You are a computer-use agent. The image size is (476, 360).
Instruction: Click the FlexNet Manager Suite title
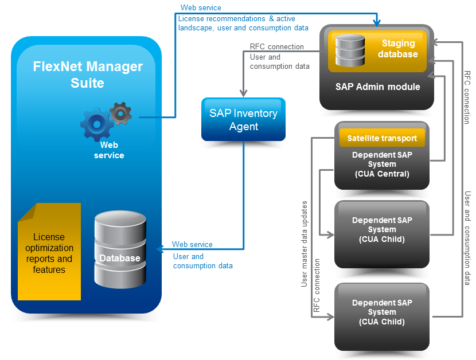[87, 75]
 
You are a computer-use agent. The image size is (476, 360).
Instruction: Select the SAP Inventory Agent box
[243, 119]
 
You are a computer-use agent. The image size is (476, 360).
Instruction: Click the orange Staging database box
[376, 52]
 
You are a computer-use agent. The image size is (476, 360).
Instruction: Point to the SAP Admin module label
[377, 87]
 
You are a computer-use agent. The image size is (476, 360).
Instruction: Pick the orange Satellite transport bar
[381, 138]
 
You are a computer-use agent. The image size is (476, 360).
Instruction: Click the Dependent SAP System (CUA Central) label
[381, 164]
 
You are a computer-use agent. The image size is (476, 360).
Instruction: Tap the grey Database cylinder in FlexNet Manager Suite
[119, 250]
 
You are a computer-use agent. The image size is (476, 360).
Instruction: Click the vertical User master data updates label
[305, 244]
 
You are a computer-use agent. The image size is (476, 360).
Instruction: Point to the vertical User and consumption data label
[468, 238]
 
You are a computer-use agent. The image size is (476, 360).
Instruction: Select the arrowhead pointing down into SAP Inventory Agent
[244, 93]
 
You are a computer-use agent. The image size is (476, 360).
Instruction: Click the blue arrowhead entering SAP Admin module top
[377, 23]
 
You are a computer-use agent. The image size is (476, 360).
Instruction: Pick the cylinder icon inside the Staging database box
[348, 50]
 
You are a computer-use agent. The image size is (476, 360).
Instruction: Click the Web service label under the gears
[108, 150]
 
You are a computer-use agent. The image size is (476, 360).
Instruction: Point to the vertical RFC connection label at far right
[467, 97]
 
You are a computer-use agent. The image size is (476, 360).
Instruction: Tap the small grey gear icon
[120, 113]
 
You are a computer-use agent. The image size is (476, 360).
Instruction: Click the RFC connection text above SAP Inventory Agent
[277, 47]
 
